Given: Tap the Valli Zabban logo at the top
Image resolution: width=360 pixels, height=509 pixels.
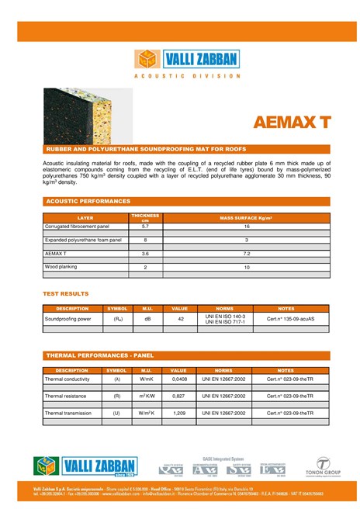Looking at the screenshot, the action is [x=186, y=59].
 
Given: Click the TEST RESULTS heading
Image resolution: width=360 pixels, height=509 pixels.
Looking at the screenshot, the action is [x=65, y=294].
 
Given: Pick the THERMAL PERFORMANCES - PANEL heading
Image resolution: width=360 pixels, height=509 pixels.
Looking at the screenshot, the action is [x=100, y=355].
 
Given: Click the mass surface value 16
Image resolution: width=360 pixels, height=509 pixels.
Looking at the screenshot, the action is [x=247, y=226].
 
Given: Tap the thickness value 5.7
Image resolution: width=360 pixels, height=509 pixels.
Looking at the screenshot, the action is [x=145, y=226].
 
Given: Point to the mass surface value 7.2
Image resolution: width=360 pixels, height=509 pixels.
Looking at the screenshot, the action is [x=247, y=254].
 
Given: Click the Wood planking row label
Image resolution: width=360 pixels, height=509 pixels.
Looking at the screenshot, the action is [x=63, y=267].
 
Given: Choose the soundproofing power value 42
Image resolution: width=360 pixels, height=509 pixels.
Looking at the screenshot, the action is [x=180, y=318].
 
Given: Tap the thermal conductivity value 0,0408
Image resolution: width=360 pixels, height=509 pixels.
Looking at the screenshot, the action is [x=179, y=379].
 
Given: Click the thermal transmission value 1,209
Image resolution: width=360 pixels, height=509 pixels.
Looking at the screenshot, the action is [x=179, y=413].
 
